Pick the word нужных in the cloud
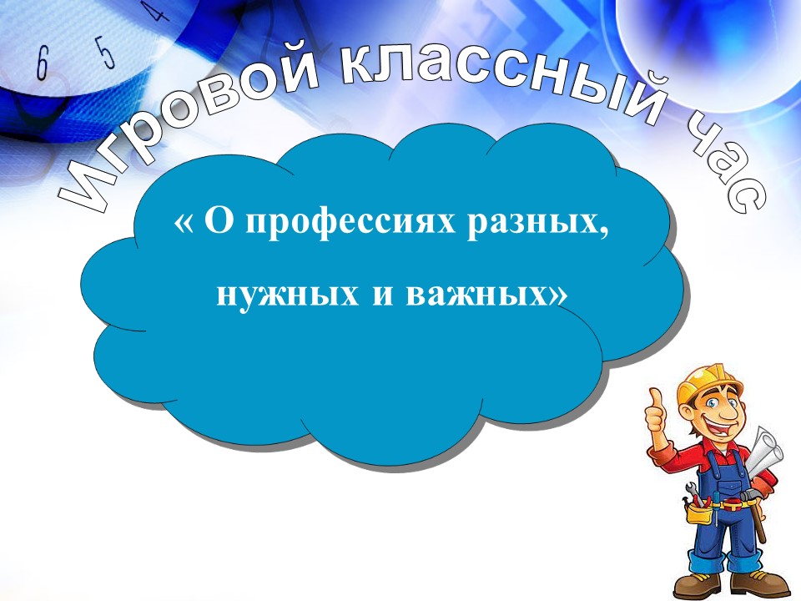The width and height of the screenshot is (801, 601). pos(288,295)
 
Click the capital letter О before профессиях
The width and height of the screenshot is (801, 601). pos(219,221)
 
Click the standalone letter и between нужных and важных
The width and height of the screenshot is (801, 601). pos(382,295)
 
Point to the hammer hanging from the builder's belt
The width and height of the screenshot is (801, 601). pos(754,511)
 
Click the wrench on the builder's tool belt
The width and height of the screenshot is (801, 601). pos(693,492)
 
